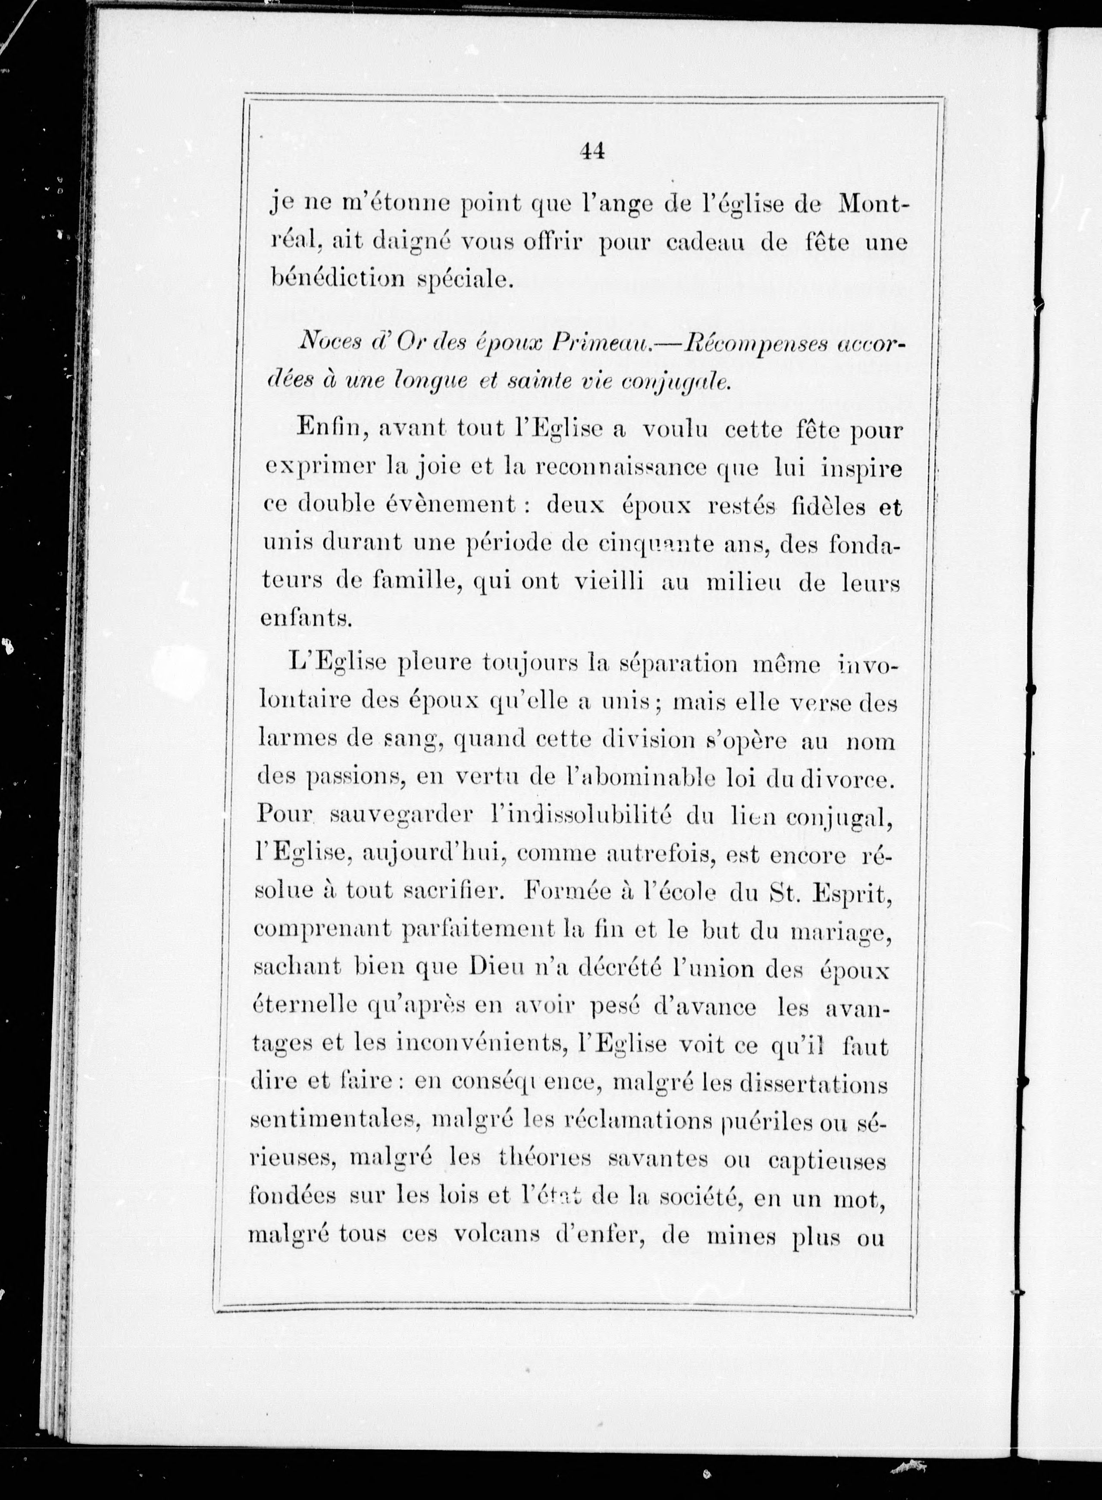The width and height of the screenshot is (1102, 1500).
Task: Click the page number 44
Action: tap(592, 152)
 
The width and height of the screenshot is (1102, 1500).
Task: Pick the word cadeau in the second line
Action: tap(708, 241)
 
